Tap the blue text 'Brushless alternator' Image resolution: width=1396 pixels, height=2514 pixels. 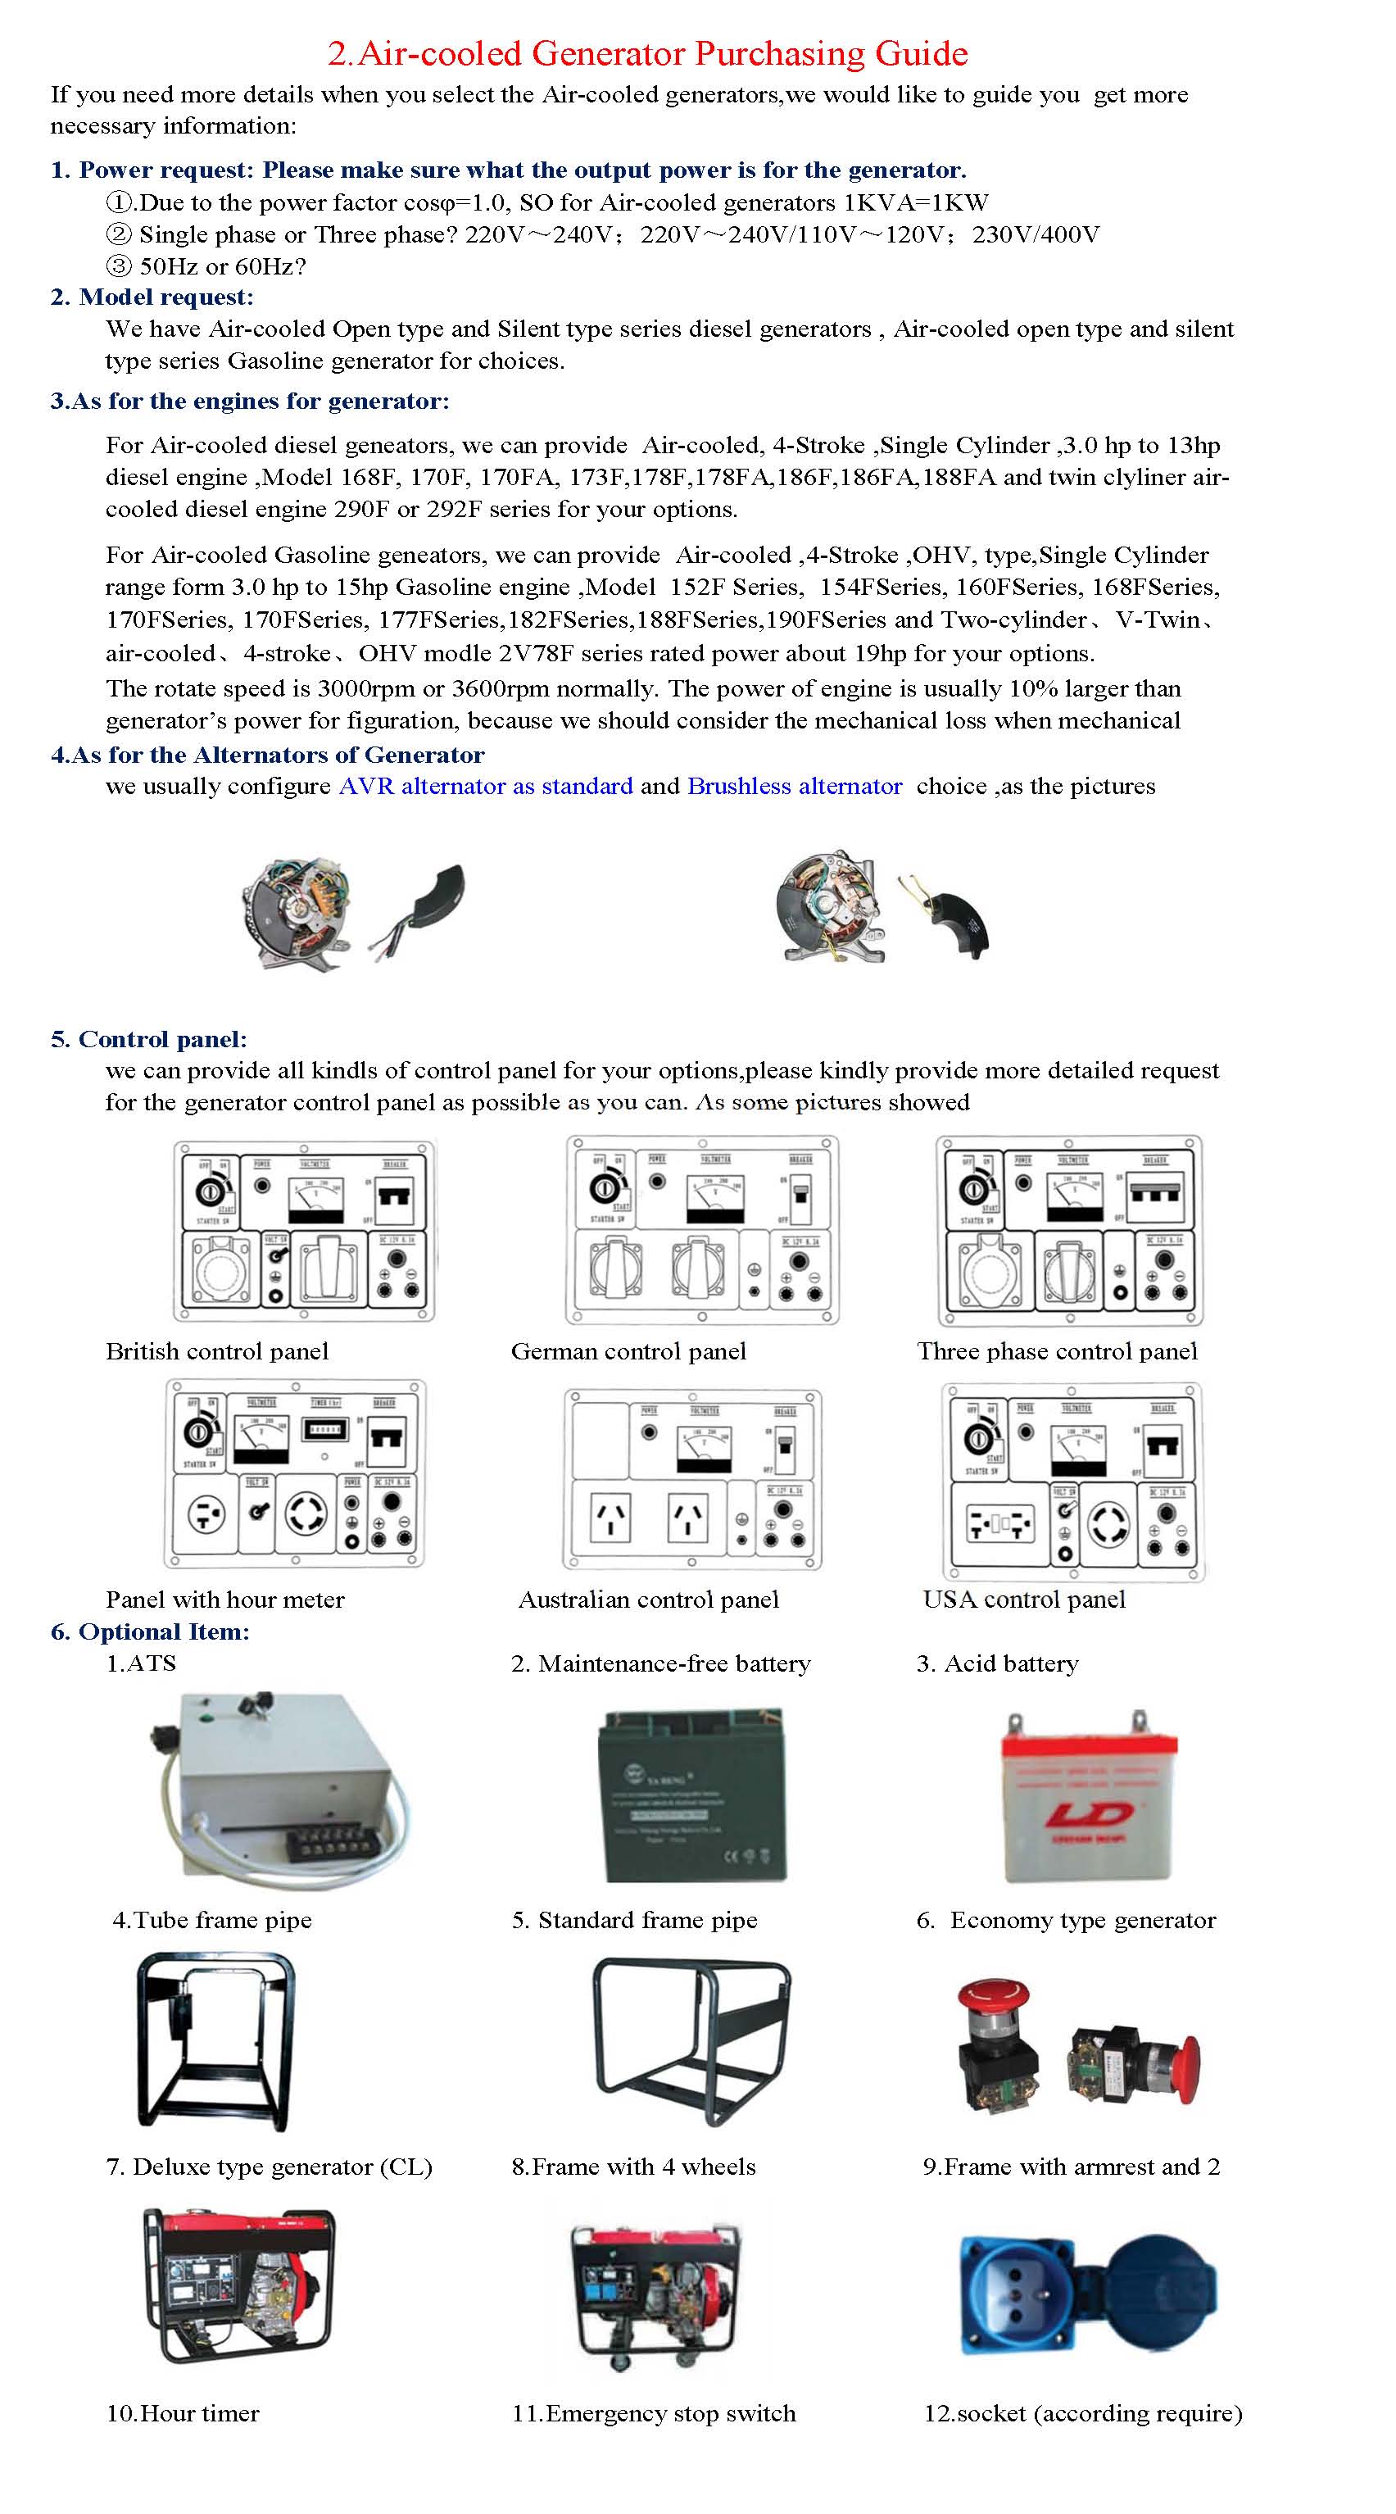point(794,786)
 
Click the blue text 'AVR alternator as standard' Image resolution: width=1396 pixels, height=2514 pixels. point(486,786)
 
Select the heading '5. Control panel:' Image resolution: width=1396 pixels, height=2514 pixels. point(148,1038)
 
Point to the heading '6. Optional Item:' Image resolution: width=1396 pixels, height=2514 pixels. point(150,1631)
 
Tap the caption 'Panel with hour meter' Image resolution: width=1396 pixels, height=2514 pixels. point(224,1600)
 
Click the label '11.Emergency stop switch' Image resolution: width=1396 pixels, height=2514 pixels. point(654,2413)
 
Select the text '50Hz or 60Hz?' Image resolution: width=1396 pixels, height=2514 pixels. point(222,266)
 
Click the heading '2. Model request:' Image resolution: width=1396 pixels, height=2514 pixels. point(152,297)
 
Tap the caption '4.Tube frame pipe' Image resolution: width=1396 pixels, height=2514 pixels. point(213,1920)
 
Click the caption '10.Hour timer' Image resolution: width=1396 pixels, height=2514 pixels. point(183,2413)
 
